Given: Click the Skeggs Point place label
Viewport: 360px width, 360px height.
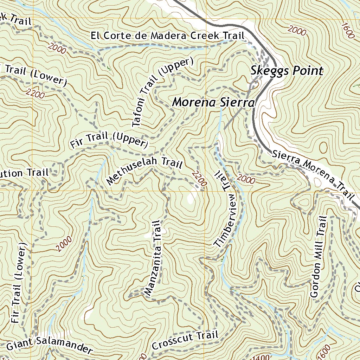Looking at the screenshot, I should click(287, 71).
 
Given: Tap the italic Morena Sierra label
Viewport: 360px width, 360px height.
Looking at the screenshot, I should click(213, 103).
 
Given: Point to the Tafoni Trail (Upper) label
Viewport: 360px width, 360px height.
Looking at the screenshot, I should click(162, 92).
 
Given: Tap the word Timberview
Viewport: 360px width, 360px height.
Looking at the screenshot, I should click(227, 220).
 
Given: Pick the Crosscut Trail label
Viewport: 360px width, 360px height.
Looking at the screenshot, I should click(185, 340).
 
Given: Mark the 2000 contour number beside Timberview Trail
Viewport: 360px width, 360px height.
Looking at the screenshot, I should click(246, 180).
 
